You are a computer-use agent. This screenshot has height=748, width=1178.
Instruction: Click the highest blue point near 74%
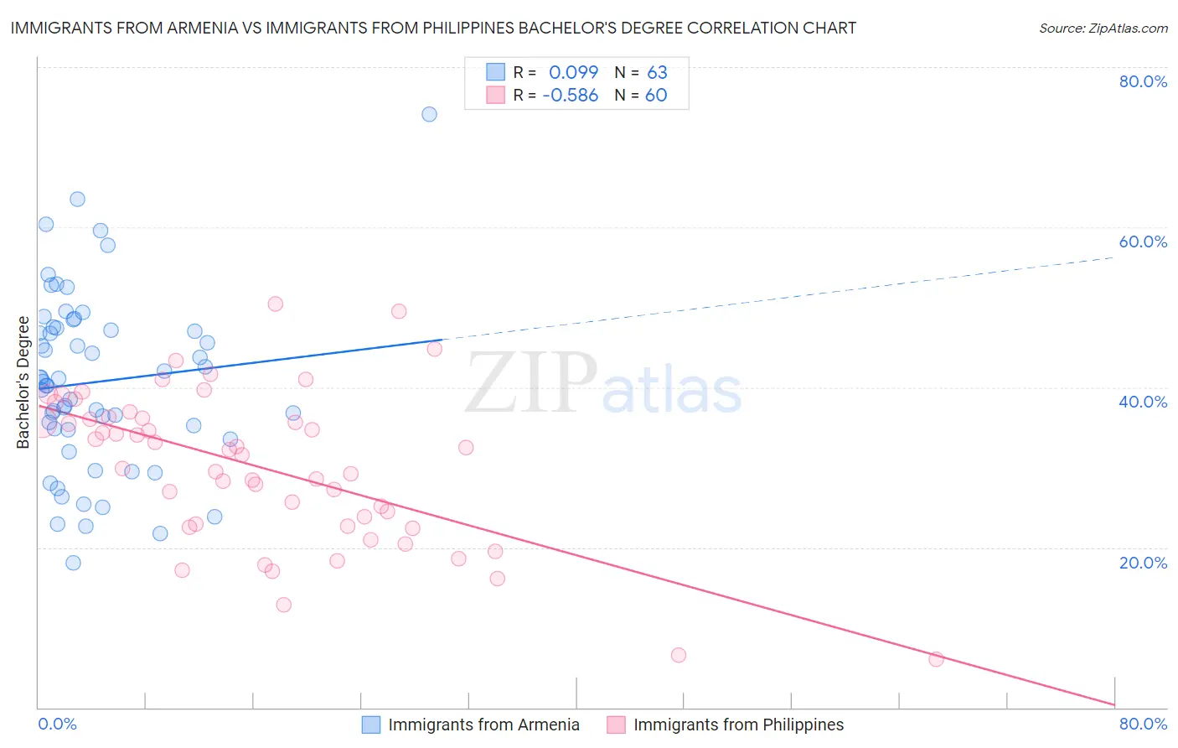click(x=429, y=114)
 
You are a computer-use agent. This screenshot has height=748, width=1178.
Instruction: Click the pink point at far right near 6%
click(x=936, y=659)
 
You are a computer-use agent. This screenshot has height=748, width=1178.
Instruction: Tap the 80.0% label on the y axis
click(x=1143, y=81)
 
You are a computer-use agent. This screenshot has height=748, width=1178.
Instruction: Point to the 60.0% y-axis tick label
click(x=1143, y=242)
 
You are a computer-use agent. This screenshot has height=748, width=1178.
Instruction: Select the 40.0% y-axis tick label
click(x=1143, y=402)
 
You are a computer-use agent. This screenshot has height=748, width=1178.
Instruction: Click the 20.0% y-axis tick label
click(x=1143, y=563)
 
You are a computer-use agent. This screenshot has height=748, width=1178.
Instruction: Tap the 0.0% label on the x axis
click(x=57, y=724)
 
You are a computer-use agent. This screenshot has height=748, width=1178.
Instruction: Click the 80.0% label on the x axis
click(x=1143, y=724)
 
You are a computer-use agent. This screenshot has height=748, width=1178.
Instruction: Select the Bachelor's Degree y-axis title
click(x=23, y=382)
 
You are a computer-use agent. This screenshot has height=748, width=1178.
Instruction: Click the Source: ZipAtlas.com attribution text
click(x=1103, y=29)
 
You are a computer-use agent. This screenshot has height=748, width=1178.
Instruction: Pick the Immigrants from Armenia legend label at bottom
click(x=483, y=725)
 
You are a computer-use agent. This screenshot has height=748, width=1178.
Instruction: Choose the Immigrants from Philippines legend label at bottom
click(x=738, y=725)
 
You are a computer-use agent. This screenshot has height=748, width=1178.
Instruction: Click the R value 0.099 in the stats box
click(x=573, y=73)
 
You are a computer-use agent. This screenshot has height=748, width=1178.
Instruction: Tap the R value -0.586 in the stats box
click(x=570, y=96)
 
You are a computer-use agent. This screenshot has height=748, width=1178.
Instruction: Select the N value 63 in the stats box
click(x=657, y=73)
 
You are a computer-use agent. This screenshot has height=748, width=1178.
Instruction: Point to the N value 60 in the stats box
click(x=656, y=96)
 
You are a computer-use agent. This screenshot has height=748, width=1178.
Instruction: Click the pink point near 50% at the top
click(x=275, y=304)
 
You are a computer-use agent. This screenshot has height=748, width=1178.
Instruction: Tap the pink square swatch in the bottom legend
click(x=616, y=725)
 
